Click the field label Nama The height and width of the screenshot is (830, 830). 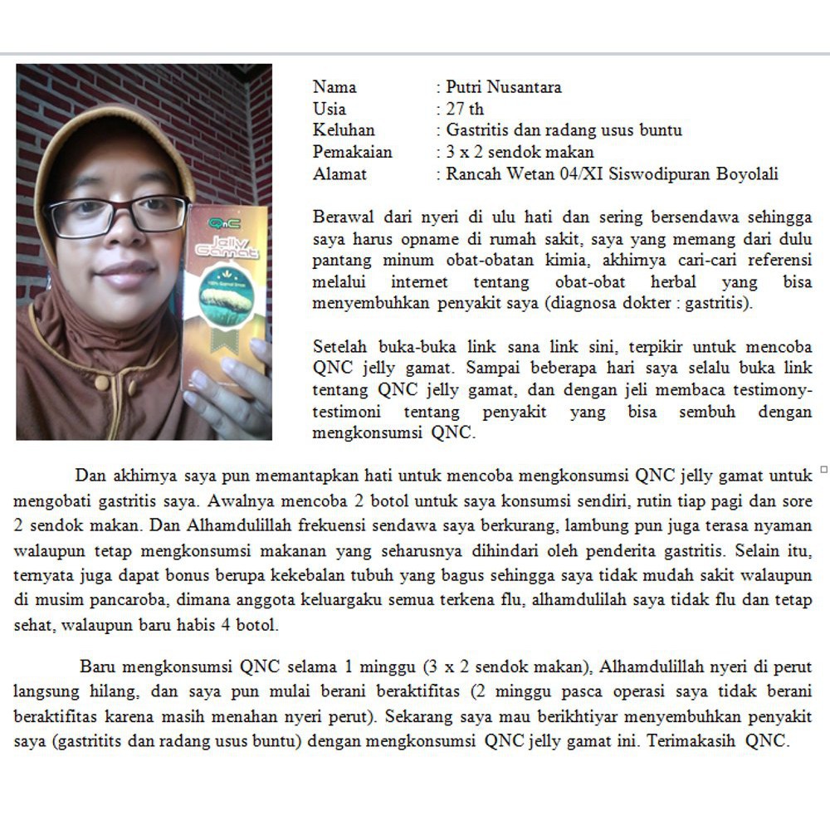click(334, 87)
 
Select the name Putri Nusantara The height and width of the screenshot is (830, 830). click(504, 87)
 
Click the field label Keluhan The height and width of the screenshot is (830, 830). click(344, 130)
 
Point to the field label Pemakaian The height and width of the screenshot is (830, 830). click(353, 152)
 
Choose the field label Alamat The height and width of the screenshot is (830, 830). click(339, 174)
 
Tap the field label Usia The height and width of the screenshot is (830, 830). click(330, 109)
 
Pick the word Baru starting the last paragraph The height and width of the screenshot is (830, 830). click(98, 666)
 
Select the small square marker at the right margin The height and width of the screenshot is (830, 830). click(823, 470)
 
